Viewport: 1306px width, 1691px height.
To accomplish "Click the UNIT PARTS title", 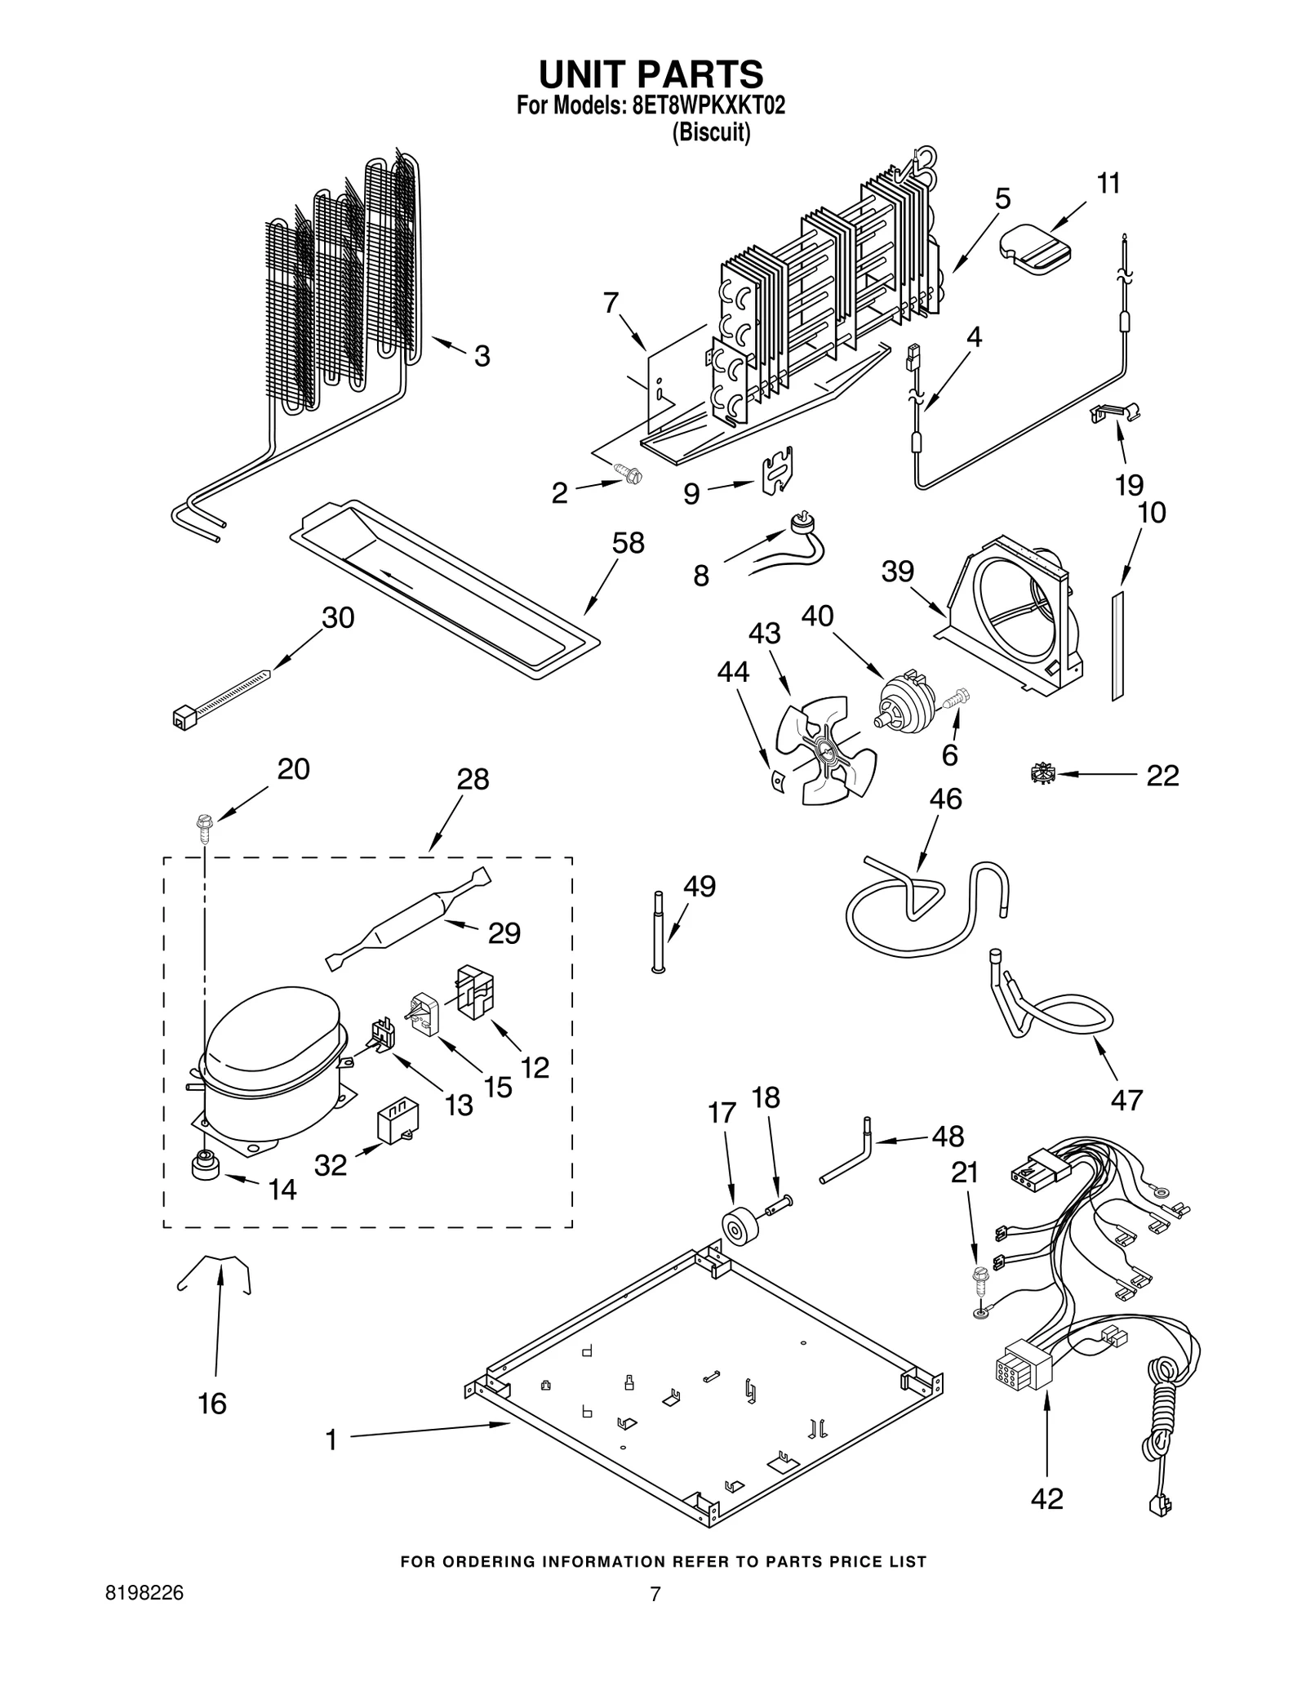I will click(x=651, y=74).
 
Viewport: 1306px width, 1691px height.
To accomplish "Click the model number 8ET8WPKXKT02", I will click(x=709, y=106).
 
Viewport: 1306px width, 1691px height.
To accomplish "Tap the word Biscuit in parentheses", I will click(x=710, y=132).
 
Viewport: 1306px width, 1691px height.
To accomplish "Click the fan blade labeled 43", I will click(x=824, y=749).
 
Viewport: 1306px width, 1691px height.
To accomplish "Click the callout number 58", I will click(x=628, y=544).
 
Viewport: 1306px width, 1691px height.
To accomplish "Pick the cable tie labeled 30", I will click(x=220, y=696).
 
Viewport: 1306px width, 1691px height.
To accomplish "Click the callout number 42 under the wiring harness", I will click(x=1046, y=1498).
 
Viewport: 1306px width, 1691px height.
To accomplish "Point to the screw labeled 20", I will click(x=203, y=828).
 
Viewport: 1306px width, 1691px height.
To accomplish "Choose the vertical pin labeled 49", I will click(x=658, y=931).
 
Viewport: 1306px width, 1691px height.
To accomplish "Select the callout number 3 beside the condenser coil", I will click(x=482, y=356).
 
